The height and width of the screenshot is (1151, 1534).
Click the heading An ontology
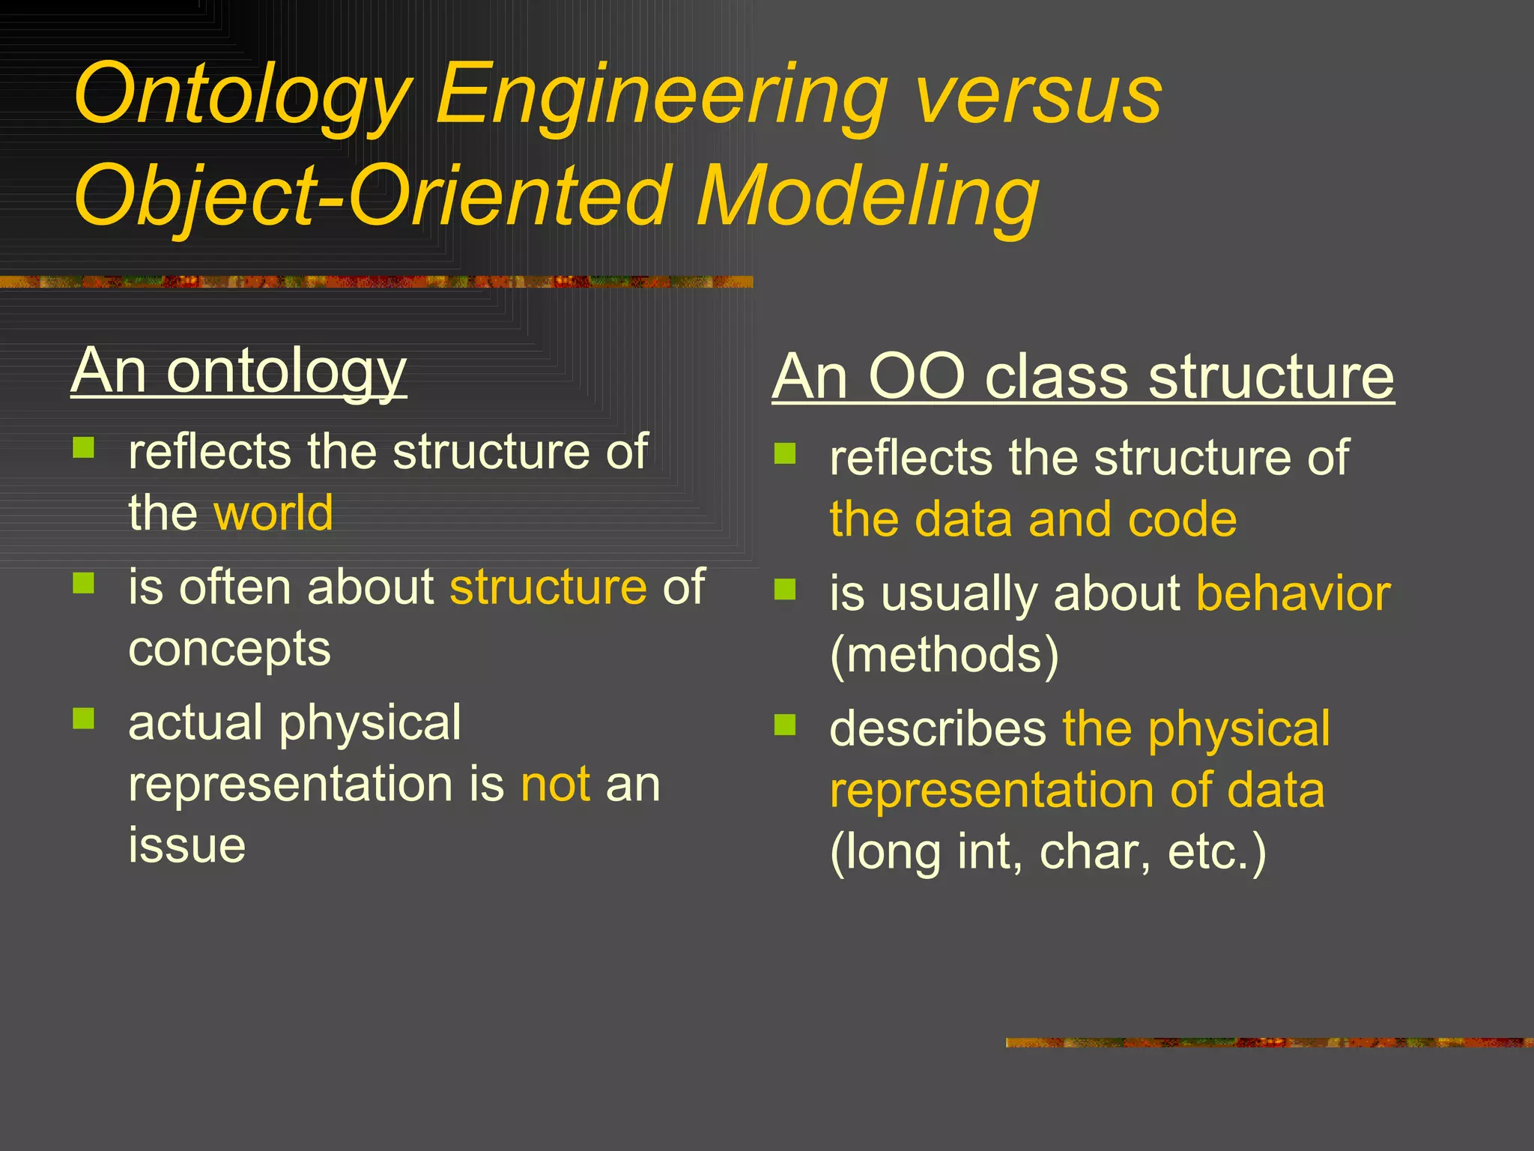pos(238,372)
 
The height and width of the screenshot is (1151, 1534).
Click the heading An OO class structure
pos(1082,377)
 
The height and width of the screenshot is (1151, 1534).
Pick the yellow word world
pos(273,513)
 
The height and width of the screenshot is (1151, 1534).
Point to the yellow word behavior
pos(1294,593)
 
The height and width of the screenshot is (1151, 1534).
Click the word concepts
pos(229,649)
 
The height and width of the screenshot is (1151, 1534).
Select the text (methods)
pos(945,656)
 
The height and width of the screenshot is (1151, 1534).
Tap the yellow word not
pos(555,785)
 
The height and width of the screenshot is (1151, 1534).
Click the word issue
pos(187,845)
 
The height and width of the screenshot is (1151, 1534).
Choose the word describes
pos(938,729)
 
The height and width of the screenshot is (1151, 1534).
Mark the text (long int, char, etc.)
pos(1048,852)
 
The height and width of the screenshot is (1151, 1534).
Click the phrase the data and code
pos(1033,519)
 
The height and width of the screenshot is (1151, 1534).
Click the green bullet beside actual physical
pos(84,719)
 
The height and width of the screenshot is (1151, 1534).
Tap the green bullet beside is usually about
pos(785,590)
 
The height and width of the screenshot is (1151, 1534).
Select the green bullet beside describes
pos(785,725)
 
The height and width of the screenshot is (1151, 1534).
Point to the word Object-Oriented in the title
pos(372,196)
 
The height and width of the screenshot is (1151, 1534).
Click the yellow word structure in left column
pos(548,587)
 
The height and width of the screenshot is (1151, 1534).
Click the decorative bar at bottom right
pos(1269,1042)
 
